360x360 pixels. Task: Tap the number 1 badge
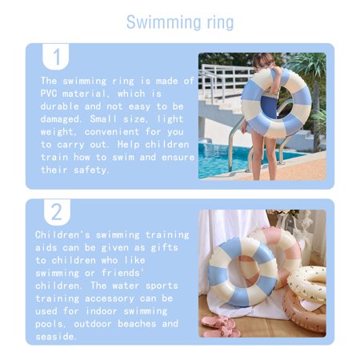pyautogui.click(x=56, y=57)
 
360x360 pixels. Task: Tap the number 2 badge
pyautogui.click(x=56, y=212)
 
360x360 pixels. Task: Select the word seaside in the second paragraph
pyautogui.click(x=56, y=335)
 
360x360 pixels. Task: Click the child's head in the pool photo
pyautogui.click(x=264, y=62)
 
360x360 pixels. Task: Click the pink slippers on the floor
pyautogui.click(x=220, y=326)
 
